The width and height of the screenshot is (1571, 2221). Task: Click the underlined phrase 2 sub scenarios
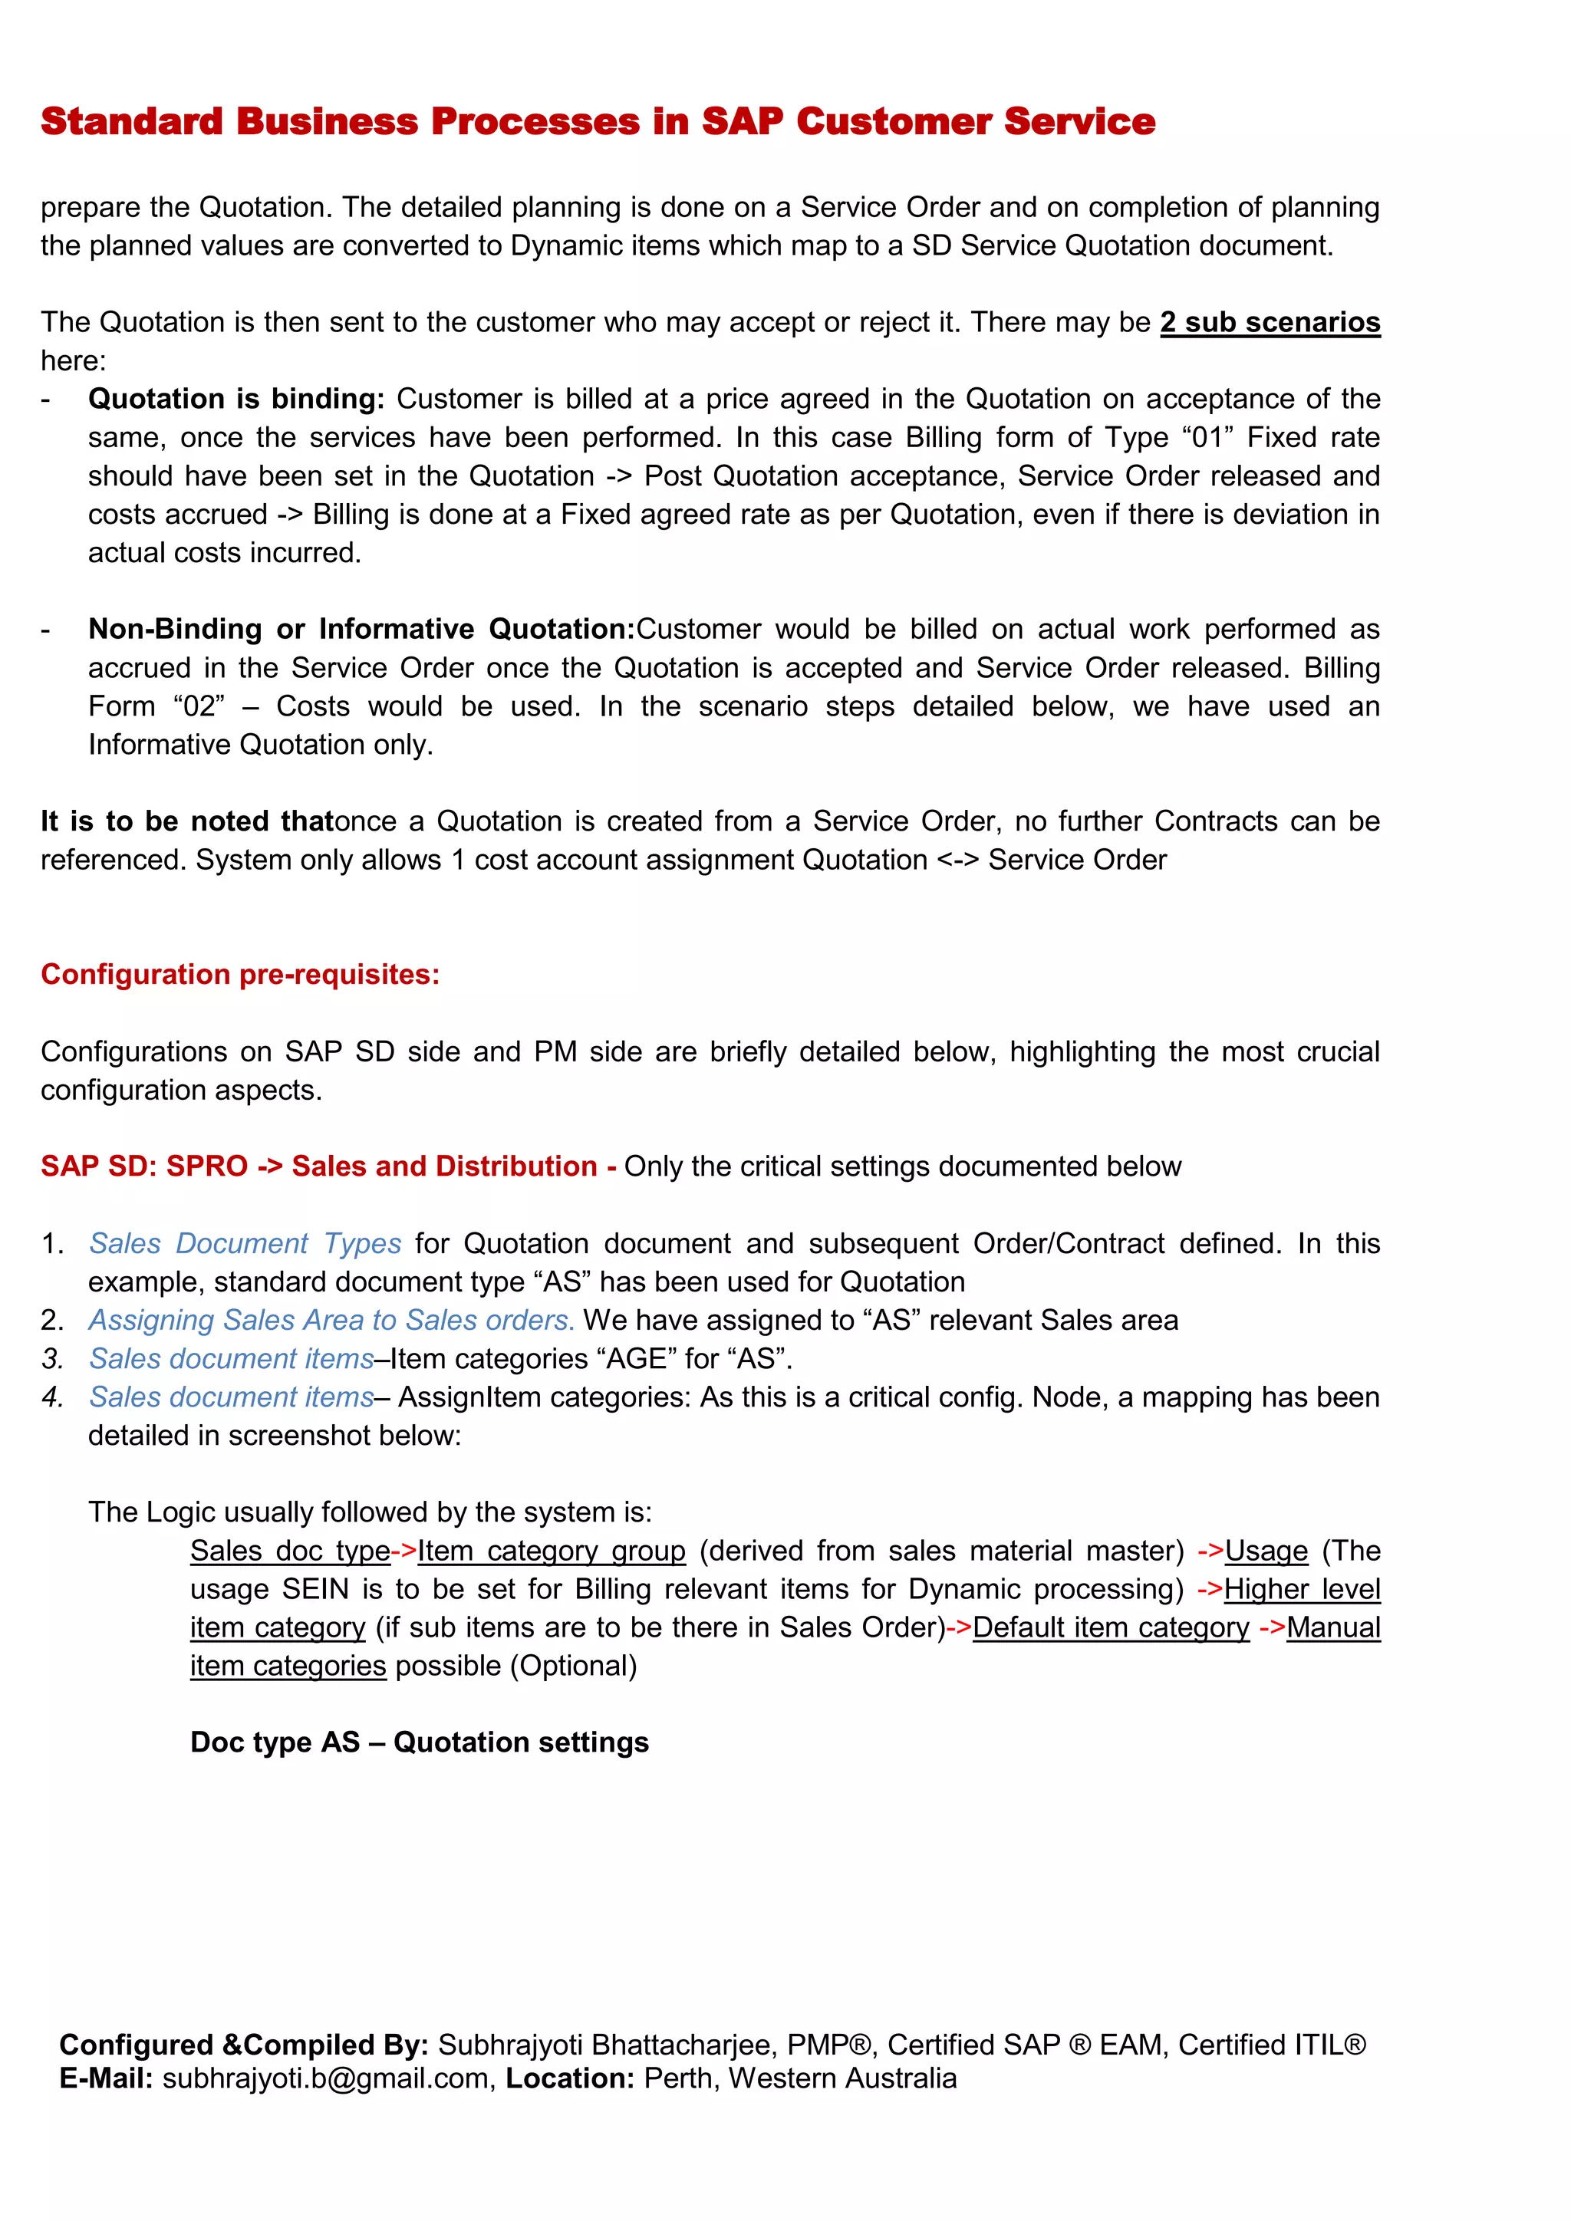click(1270, 322)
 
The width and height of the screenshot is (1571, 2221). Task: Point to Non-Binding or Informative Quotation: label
click(361, 629)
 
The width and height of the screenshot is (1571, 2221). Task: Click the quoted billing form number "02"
click(199, 706)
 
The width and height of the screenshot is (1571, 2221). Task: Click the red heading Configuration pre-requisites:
click(240, 974)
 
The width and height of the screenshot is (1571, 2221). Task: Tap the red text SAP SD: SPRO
click(144, 1166)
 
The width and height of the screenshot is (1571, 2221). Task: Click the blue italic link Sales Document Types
click(245, 1243)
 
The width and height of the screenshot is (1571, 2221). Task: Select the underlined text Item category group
click(551, 1551)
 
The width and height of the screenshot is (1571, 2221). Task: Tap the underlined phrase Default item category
click(1111, 1628)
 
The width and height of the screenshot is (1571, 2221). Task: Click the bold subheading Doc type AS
click(275, 1743)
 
